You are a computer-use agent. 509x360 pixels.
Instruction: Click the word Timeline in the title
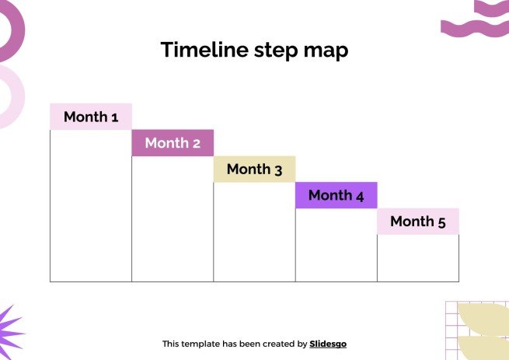[x=204, y=50]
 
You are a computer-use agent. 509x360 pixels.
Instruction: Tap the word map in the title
[x=326, y=51]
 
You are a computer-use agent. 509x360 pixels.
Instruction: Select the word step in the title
[x=276, y=51]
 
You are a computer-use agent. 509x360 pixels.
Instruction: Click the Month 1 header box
[x=91, y=117]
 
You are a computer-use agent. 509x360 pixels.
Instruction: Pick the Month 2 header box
[x=173, y=143]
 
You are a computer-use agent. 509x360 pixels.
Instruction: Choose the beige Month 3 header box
[x=255, y=169]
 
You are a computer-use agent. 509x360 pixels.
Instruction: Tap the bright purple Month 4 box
[x=336, y=195]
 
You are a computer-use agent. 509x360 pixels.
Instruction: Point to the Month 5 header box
[x=418, y=222]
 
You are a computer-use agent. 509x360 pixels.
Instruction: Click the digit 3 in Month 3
[x=278, y=170]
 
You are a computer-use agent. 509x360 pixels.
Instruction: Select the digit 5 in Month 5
[x=442, y=222]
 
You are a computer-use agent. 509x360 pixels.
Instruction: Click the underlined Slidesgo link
[x=328, y=344]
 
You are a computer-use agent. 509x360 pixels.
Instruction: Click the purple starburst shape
[x=8, y=333]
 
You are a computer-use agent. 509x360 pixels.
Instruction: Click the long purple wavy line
[x=475, y=28]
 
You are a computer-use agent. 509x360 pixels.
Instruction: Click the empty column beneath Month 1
[x=91, y=206]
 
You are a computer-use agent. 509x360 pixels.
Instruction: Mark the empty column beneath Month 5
[x=418, y=258]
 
